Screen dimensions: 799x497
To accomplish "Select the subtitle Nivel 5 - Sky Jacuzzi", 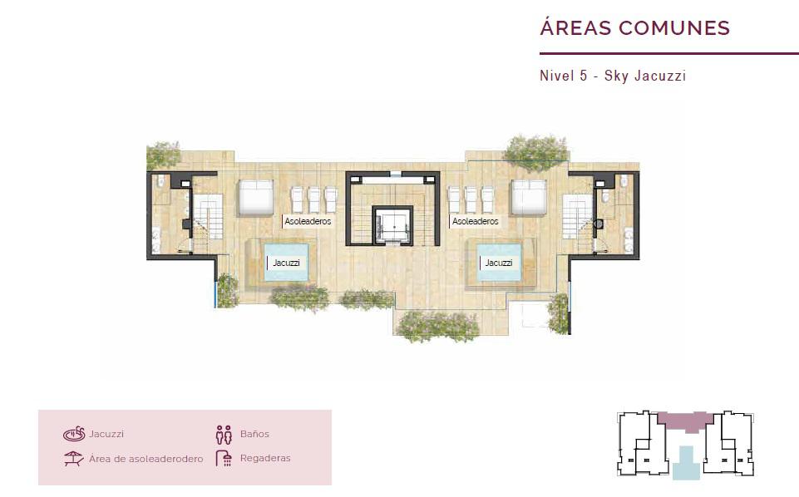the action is point(613,76).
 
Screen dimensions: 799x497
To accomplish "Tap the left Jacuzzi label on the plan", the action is point(286,263).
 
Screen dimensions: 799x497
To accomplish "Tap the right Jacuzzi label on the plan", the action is point(498,263).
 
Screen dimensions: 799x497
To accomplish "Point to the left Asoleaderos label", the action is point(308,222).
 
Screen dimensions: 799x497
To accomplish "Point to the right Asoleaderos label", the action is point(475,222).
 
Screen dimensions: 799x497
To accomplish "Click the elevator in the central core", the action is point(392,225).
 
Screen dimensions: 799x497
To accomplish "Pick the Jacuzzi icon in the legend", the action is point(74,434).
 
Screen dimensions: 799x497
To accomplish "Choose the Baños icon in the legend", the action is point(224,435).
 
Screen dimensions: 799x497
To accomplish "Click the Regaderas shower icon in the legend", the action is point(224,458).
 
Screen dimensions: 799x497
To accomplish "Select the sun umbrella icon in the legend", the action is point(73,458).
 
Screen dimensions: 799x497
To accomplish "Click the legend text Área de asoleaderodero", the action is point(145,459).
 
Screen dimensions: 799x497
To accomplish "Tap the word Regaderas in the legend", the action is point(265,458).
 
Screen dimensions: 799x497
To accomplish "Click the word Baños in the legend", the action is point(254,434).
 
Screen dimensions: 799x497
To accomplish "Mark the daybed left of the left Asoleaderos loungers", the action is point(256,198).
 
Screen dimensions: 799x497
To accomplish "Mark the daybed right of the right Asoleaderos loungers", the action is point(529,198).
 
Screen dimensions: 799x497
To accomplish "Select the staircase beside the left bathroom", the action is point(208,216).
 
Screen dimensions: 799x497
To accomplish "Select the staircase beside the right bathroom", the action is point(577,216).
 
